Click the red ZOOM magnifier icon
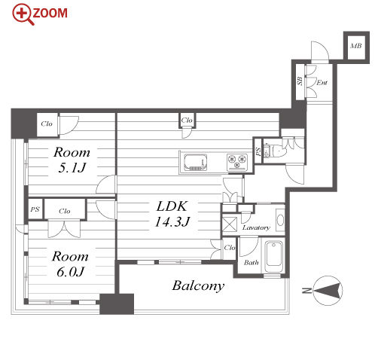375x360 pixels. point(23,14)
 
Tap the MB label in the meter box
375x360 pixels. point(356,46)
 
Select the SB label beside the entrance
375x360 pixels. point(300,81)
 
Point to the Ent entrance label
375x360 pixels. point(322,82)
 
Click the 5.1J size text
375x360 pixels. point(72,167)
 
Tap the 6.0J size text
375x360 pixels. point(70,272)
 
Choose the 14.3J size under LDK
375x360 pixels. point(172,221)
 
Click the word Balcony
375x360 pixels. point(198,285)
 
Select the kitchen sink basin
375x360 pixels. point(196,162)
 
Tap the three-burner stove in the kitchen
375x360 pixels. point(237,161)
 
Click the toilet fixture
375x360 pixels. point(274,151)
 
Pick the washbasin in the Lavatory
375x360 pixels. point(280,220)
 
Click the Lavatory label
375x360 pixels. point(256,227)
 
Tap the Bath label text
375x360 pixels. point(252,262)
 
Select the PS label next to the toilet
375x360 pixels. point(258,151)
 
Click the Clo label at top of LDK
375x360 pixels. point(187,121)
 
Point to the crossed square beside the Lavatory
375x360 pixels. point(230,224)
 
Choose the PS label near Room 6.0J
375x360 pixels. point(35,209)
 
